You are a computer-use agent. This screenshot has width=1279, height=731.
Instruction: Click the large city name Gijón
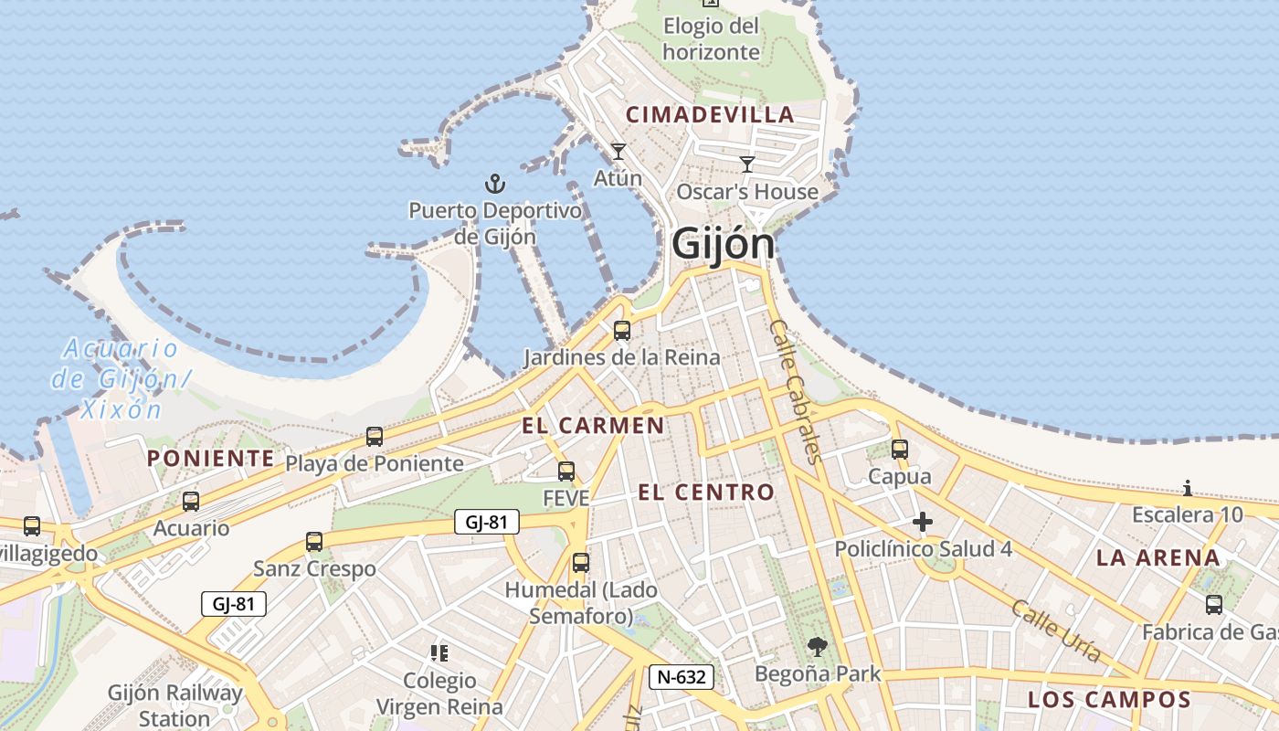tap(723, 244)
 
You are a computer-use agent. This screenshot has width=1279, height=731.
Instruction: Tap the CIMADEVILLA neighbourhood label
tap(710, 115)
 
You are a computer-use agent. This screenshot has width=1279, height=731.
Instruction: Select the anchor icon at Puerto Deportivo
tap(494, 185)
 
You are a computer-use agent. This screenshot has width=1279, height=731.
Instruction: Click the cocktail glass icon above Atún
tap(618, 152)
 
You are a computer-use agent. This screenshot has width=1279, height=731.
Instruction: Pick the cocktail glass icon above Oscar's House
tap(747, 164)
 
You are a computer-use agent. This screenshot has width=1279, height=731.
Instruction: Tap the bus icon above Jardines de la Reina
tap(622, 331)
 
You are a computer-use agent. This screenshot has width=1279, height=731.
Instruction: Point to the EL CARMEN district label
tap(593, 425)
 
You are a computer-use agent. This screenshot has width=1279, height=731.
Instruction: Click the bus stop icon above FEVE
tap(566, 471)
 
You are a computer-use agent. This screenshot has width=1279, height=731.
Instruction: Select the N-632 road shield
tap(681, 677)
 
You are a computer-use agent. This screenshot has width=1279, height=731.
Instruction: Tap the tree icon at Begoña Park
tap(818, 647)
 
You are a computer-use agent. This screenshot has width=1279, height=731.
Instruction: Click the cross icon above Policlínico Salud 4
tap(923, 522)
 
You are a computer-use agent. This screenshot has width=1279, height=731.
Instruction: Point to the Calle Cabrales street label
tap(797, 391)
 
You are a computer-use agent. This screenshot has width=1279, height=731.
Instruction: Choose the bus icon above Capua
tap(900, 450)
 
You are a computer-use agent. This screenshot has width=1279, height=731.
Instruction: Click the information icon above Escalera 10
tap(1188, 488)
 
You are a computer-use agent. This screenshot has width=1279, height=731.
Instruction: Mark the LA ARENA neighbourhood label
tap(1157, 557)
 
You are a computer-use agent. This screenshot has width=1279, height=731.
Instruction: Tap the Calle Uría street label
tap(1055, 630)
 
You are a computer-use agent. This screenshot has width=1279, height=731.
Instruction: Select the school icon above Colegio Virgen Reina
tap(439, 652)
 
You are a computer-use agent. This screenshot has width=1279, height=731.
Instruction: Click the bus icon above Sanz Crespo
tap(314, 542)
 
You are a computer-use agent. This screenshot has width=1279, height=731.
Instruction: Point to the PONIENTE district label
tap(210, 458)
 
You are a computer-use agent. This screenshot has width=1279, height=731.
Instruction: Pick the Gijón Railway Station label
tap(174, 705)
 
